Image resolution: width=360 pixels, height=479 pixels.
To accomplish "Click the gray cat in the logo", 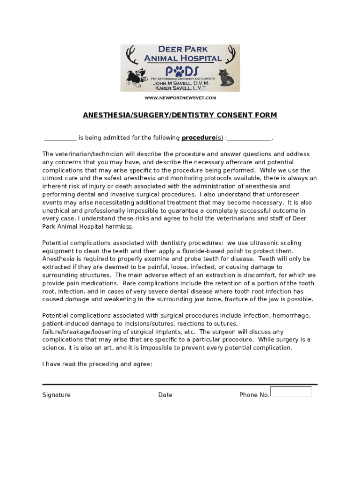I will click(229, 77).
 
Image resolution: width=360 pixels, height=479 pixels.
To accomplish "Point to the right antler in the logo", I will click(231, 55).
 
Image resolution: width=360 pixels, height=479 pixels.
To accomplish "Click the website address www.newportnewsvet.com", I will click(180, 98).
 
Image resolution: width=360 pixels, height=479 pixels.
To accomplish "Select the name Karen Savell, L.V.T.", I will click(182, 88).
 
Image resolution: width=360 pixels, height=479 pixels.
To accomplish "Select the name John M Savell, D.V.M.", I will click(182, 83).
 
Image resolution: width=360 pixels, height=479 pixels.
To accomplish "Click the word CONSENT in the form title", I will click(220, 115).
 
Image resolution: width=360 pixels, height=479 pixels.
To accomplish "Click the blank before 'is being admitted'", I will click(60, 138).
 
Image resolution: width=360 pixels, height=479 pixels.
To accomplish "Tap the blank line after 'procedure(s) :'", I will click(249, 138).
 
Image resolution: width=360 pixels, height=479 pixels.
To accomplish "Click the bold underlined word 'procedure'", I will click(198, 138).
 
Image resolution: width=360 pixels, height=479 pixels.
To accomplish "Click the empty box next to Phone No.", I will click(291, 392).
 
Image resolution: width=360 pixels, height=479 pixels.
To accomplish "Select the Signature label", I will click(57, 395).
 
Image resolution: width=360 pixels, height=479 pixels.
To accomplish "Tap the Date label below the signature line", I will click(165, 395).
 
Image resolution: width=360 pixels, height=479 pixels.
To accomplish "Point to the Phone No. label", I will click(254, 395).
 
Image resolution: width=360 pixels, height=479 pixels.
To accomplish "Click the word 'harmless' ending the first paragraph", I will click(120, 227).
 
